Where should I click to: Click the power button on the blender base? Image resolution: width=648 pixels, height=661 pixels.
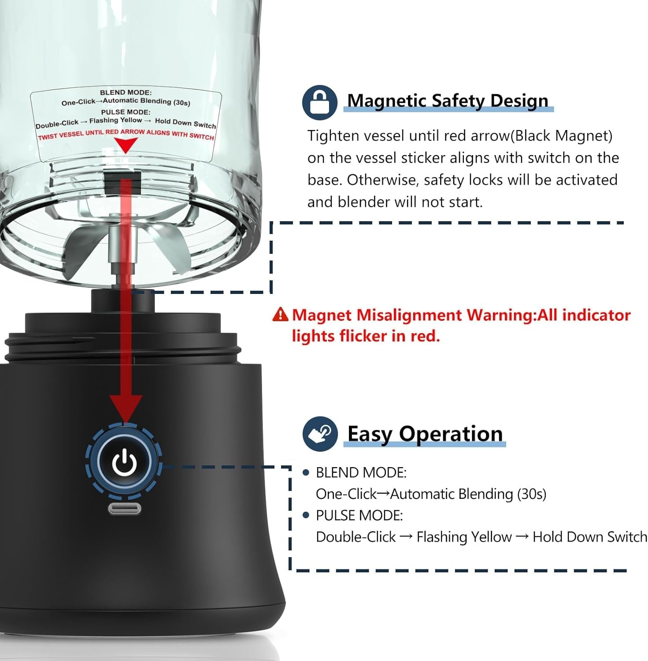coord(125,462)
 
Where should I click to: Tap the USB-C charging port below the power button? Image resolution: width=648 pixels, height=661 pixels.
coord(125,509)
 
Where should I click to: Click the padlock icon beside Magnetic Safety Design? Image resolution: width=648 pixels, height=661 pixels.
coord(320,103)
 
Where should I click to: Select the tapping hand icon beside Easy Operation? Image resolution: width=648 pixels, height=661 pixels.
coord(320,434)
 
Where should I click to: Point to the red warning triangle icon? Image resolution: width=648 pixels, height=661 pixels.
coord(280,315)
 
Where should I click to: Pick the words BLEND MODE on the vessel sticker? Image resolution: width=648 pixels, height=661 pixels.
coord(126,93)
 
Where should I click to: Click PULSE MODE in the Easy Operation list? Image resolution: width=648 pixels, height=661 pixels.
coord(359,516)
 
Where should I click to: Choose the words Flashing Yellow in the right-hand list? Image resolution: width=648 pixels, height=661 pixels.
coord(464,537)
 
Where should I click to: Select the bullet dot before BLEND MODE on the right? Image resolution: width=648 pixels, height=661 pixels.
coord(306,473)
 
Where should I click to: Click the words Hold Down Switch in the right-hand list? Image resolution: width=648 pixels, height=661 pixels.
coord(590,537)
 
